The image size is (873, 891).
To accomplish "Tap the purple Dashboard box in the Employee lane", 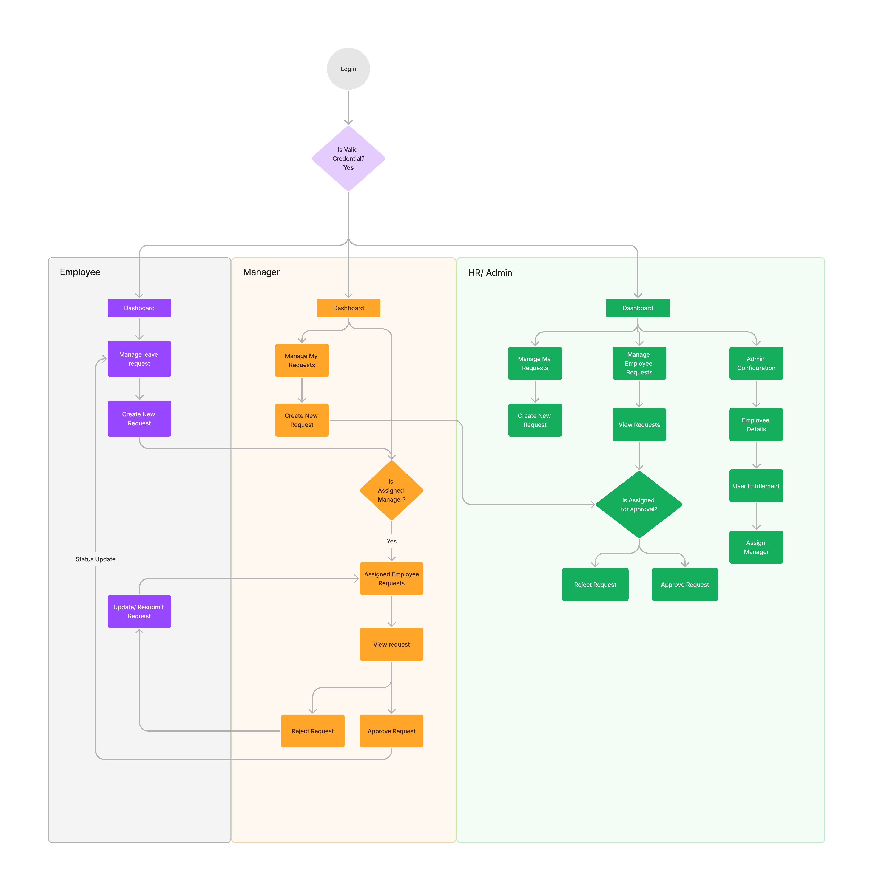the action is pyautogui.click(x=139, y=308).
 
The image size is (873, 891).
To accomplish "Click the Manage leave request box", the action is pyautogui.click(x=139, y=359).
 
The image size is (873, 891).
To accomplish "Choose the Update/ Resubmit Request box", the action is pyautogui.click(x=139, y=611).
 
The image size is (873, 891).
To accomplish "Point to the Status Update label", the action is pyautogui.click(x=95, y=559).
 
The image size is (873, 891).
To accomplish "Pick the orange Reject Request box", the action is pyautogui.click(x=313, y=731).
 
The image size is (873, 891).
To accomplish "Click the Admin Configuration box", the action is pyautogui.click(x=756, y=363).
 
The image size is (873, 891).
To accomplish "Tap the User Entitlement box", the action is pyautogui.click(x=756, y=486).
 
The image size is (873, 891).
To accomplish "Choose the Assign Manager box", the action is pyautogui.click(x=756, y=547).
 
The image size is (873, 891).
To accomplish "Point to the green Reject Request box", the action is pyautogui.click(x=595, y=584).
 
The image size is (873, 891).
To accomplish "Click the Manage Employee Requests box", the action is pyautogui.click(x=639, y=363).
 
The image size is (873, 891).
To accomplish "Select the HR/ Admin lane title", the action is pyautogui.click(x=490, y=273).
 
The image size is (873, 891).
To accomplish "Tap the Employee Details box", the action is pyautogui.click(x=756, y=425).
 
